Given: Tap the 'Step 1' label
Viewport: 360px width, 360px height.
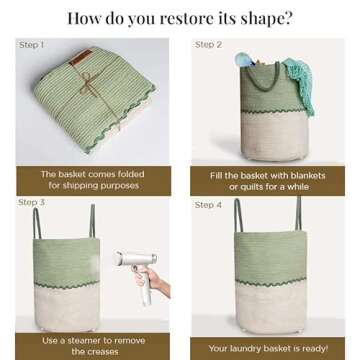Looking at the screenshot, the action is [x=31, y=45].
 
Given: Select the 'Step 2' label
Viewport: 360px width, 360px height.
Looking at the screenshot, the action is [x=208, y=44].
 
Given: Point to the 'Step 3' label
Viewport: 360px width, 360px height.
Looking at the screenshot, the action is [x=31, y=202].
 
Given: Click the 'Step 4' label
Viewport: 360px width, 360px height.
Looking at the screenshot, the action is [x=208, y=205].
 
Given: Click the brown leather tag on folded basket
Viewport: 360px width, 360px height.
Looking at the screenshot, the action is [x=81, y=57].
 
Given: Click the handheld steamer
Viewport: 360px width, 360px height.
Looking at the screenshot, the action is [x=138, y=270].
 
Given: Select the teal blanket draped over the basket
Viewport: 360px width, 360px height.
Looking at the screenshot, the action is [x=299, y=83].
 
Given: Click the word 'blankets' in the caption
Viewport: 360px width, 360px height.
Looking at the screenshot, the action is [x=308, y=176].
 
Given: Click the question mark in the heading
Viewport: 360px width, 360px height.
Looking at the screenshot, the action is [x=288, y=18].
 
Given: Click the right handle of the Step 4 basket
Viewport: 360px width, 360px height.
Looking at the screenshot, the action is [x=298, y=213].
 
